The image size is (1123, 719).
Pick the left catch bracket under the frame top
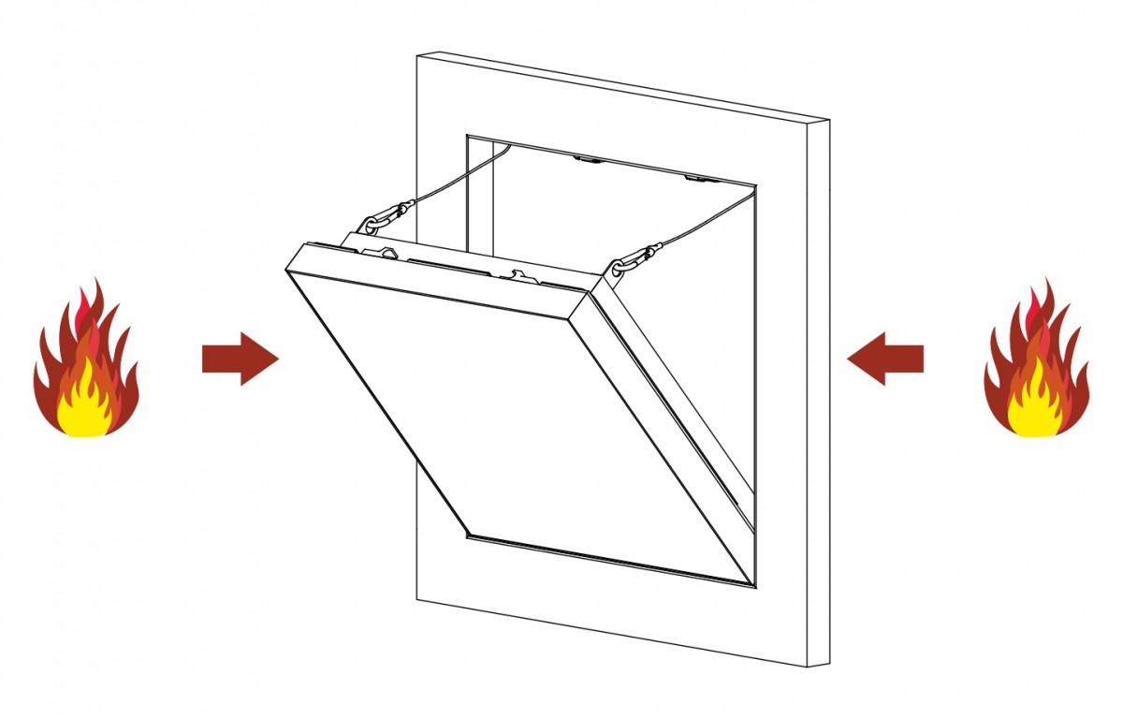[x=588, y=158]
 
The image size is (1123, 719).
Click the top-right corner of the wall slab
[x=829, y=122]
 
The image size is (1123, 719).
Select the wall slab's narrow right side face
[x=818, y=393]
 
